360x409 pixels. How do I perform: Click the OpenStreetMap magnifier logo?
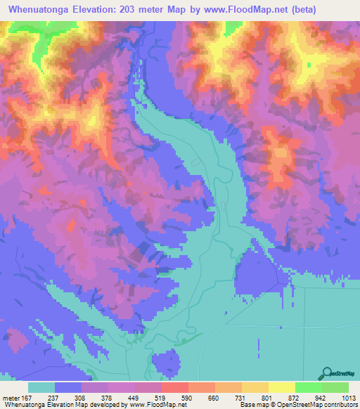coord(327,373)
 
